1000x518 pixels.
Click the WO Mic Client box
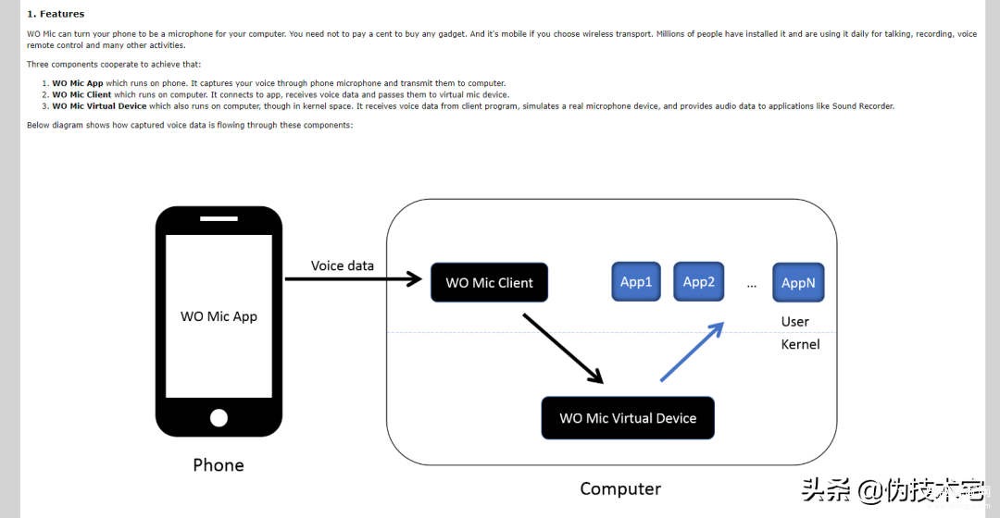[489, 282]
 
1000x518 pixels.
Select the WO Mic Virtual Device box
[628, 418]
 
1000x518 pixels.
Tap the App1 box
[636, 281]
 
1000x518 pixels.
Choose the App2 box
[698, 281]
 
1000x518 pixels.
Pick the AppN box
[798, 282]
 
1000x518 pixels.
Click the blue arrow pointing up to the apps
[692, 351]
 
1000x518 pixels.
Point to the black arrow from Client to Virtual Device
[563, 349]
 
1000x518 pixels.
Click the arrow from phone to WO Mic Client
[354, 278]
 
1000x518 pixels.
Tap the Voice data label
[343, 265]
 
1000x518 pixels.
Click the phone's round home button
[219, 417]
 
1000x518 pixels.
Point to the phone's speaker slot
[219, 218]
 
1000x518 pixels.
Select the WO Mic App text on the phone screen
[219, 316]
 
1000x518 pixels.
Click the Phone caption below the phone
[219, 465]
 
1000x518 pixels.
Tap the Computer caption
[619, 488]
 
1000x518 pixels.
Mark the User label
[794, 322]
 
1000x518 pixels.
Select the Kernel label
[800, 345]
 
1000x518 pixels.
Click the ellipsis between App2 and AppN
[751, 286]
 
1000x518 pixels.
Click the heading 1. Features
[56, 14]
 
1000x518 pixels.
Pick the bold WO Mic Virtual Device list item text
[99, 106]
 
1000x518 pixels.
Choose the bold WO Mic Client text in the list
[81, 95]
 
